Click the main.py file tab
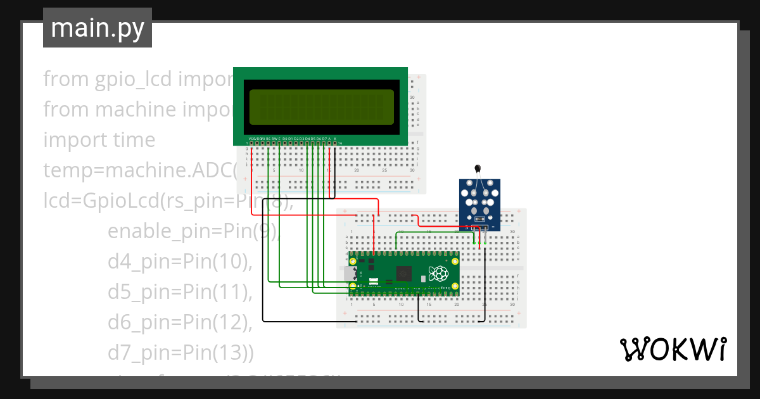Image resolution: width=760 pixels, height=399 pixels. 97,28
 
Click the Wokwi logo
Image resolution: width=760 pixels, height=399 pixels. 672,350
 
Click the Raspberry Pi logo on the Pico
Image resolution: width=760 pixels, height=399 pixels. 438,274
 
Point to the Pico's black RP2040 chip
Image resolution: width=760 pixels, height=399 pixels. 403,274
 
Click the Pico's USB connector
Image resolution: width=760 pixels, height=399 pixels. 350,274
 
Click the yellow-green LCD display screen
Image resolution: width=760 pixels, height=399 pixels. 320,106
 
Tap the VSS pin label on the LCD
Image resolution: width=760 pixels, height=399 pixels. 251,138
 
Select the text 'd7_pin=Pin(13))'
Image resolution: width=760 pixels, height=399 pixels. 180,353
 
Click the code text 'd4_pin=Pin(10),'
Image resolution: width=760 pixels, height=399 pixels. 180,261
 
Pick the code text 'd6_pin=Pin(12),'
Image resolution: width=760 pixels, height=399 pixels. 180,322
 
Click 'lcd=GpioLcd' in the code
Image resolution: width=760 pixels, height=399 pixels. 101,201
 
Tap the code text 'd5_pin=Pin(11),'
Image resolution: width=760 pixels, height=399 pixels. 180,292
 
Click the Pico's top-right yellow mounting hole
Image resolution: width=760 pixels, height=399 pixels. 454,260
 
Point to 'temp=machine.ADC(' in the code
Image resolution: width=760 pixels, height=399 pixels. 139,170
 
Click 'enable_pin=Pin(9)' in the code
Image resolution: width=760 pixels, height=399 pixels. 190,231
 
